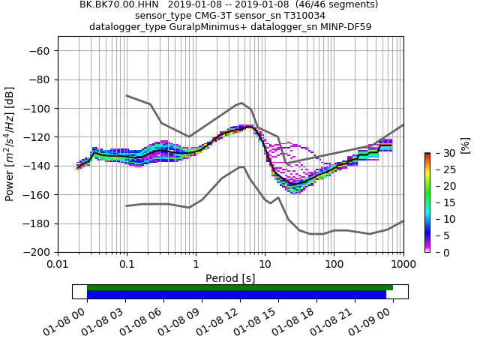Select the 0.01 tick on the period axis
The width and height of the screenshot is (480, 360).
point(58,264)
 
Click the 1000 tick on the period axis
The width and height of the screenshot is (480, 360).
point(403,264)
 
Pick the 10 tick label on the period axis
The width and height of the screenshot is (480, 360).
point(265,264)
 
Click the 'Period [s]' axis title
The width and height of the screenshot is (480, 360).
point(230,278)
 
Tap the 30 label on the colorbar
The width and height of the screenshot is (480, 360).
point(439,153)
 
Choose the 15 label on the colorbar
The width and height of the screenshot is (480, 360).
point(439,202)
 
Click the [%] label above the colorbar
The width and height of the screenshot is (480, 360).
point(465,144)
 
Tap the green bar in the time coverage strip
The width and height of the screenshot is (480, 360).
point(240,287)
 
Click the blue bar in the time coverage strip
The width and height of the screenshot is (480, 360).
point(236,295)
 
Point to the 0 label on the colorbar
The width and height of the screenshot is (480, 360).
point(436,253)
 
